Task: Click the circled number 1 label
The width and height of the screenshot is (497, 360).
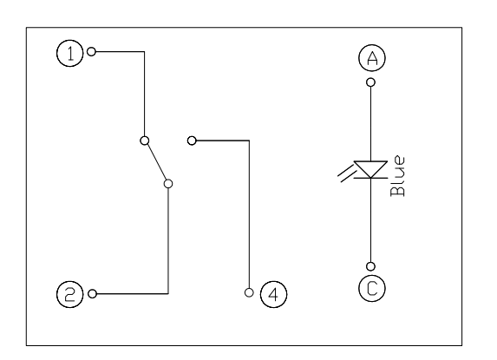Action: [x=69, y=53]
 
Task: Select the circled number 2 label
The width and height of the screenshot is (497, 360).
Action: [x=69, y=294]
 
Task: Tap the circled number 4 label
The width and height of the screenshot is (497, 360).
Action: [x=273, y=294]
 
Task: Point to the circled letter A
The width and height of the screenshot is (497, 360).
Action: [x=372, y=58]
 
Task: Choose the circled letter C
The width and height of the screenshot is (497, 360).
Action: [x=372, y=288]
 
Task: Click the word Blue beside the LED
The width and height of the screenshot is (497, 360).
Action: [x=397, y=176]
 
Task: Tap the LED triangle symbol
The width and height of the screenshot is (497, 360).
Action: [x=370, y=169]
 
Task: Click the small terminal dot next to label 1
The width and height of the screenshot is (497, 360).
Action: [x=91, y=51]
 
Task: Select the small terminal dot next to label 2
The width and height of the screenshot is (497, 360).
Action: [x=92, y=294]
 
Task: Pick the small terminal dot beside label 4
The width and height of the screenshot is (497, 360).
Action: [x=249, y=292]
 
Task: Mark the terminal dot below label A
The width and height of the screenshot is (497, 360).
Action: [x=370, y=82]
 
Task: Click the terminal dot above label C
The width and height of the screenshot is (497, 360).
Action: [x=370, y=266]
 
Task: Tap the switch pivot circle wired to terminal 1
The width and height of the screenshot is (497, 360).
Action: [x=145, y=141]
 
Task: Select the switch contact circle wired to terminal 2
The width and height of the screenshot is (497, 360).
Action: [x=168, y=184]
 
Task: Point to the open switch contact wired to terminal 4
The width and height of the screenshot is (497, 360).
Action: [x=192, y=141]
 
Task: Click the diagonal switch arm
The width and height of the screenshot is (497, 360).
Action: [x=157, y=162]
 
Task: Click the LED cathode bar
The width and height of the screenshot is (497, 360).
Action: [x=370, y=178]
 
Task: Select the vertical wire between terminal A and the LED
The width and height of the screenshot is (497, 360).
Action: [x=370, y=124]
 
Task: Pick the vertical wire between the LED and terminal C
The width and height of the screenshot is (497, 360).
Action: [x=370, y=220]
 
